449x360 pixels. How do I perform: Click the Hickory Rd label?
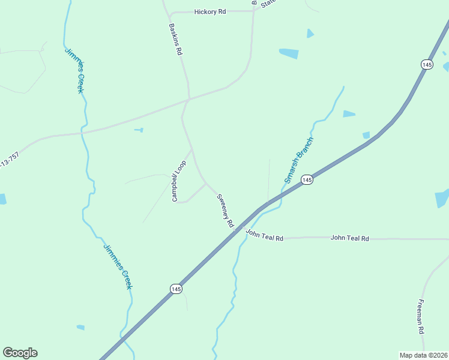click(x=210, y=12)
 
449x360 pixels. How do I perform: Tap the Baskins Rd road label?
click(x=175, y=40)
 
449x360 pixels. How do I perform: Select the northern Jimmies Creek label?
click(x=74, y=70)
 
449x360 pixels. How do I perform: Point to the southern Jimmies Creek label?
click(x=118, y=266)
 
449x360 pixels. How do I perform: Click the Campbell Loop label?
click(x=179, y=181)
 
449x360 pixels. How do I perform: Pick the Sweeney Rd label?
click(x=225, y=210)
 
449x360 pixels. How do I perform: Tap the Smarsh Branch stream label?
click(x=300, y=160)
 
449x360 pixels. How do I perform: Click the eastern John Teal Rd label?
click(x=349, y=238)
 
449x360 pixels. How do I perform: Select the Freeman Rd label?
click(x=421, y=316)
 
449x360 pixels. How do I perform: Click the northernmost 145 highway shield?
click(x=427, y=64)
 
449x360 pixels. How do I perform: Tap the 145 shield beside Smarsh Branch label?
click(x=307, y=180)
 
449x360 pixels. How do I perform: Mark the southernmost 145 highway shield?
click(x=175, y=289)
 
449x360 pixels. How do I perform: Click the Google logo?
click(x=20, y=353)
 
